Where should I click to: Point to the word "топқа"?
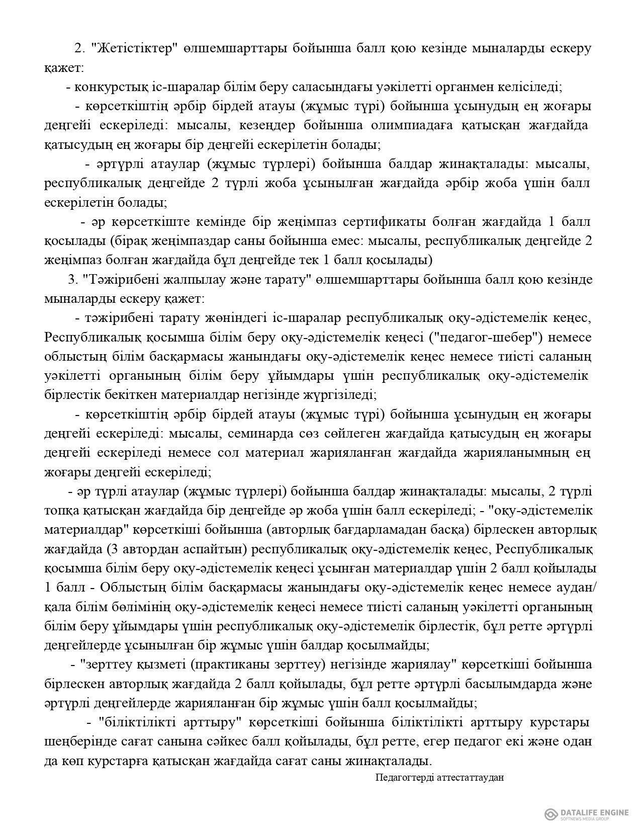[x=60, y=511]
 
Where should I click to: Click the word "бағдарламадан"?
[x=368, y=530]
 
